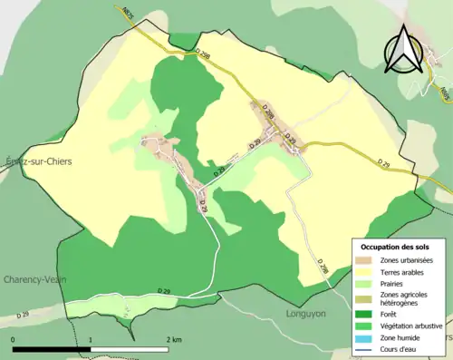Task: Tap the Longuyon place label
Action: point(310,318)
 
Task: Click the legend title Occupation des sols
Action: point(395,247)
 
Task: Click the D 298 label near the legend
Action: point(322,266)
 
